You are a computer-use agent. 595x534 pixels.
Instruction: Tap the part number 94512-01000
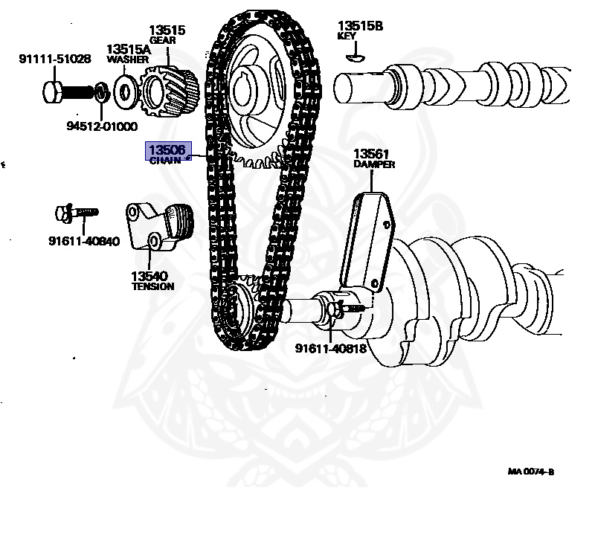click(103, 126)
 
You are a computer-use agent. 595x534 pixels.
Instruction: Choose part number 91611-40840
click(84, 241)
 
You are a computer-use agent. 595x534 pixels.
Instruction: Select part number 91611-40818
click(330, 348)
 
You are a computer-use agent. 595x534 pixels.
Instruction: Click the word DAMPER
click(374, 164)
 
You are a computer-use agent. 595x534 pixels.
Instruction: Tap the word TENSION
click(152, 286)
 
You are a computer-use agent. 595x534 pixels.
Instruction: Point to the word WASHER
click(128, 59)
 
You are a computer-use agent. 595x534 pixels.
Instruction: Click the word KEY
click(347, 36)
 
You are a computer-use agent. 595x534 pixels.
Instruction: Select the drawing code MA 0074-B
click(531, 472)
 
